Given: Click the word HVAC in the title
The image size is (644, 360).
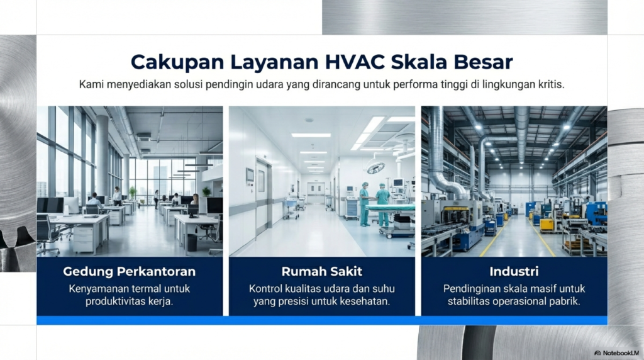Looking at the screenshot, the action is pyautogui.click(x=355, y=62).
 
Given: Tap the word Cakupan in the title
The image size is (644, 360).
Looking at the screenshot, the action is pyautogui.click(x=177, y=63).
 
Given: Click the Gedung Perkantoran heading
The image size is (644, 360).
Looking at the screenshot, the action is pyautogui.click(x=130, y=271).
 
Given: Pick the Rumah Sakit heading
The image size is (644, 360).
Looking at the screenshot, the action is pyautogui.click(x=321, y=271).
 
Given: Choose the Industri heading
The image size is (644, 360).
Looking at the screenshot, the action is pyautogui.click(x=514, y=271).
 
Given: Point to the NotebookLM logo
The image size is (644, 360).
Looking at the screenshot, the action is pyautogui.click(x=616, y=353).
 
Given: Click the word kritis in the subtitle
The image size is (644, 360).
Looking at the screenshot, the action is pyautogui.click(x=551, y=85).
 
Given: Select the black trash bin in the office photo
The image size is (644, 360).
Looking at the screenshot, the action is pyautogui.click(x=192, y=242).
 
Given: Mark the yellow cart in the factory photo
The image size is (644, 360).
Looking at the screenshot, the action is pyautogui.click(x=547, y=225).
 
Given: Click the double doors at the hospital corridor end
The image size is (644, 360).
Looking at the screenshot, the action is pyautogui.click(x=316, y=193).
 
